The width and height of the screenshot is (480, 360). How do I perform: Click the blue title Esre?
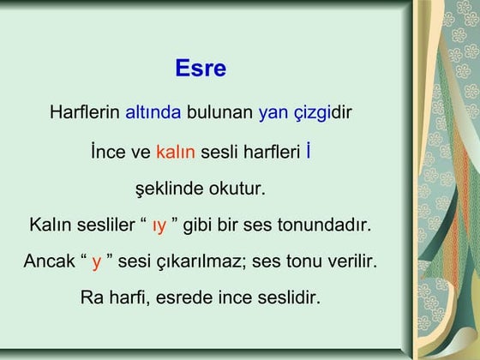pyautogui.click(x=201, y=69)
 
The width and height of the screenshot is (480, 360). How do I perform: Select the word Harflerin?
pyautogui.click(x=86, y=112)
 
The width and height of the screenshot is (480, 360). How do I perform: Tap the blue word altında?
pyautogui.click(x=153, y=112)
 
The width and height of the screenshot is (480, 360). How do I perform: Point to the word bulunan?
pyautogui.click(x=220, y=112)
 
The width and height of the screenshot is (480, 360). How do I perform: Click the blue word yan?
pyautogui.click(x=273, y=112)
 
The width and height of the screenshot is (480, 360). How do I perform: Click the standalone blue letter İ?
pyautogui.click(x=308, y=152)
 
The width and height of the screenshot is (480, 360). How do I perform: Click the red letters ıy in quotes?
pyautogui.click(x=159, y=226)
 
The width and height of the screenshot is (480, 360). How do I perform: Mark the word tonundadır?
pyautogui.click(x=327, y=225)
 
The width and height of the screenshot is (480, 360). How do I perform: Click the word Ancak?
pyautogui.click(x=49, y=261)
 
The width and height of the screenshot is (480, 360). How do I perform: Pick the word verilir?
pyautogui.click(x=349, y=261)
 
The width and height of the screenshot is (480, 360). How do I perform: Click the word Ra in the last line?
pyautogui.click(x=91, y=298)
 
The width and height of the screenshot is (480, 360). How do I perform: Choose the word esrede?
pyautogui.click(x=189, y=298)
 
